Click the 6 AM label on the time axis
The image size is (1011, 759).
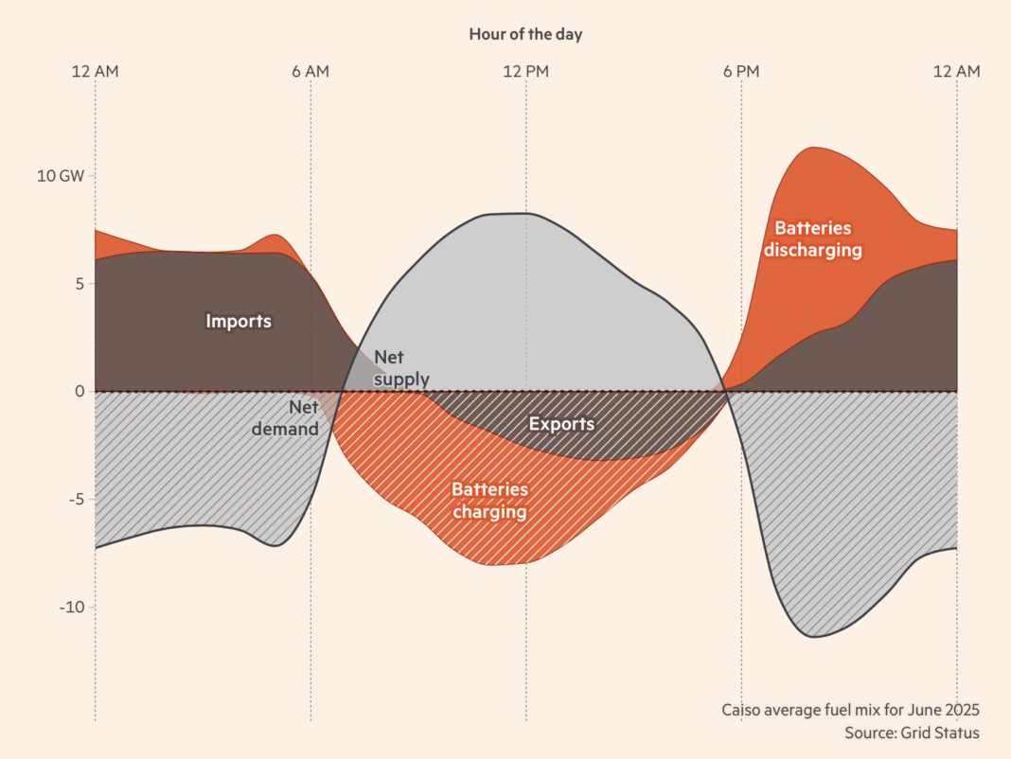click(x=310, y=71)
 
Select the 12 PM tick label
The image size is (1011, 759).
click(x=525, y=71)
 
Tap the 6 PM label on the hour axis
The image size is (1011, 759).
click(x=741, y=71)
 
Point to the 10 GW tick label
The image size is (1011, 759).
click(x=60, y=176)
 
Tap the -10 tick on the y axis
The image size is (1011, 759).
click(x=72, y=607)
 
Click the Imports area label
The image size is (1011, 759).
click(x=239, y=321)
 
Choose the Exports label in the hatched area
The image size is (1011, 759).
click(x=561, y=424)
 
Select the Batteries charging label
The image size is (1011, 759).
click(x=489, y=501)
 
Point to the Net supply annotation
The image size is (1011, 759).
click(x=401, y=368)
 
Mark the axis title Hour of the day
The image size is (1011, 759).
click(x=525, y=34)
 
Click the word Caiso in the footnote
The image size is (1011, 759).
click(x=742, y=710)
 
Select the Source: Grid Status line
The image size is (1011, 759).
click(x=912, y=733)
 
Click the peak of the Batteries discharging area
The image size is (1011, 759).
click(x=811, y=148)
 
